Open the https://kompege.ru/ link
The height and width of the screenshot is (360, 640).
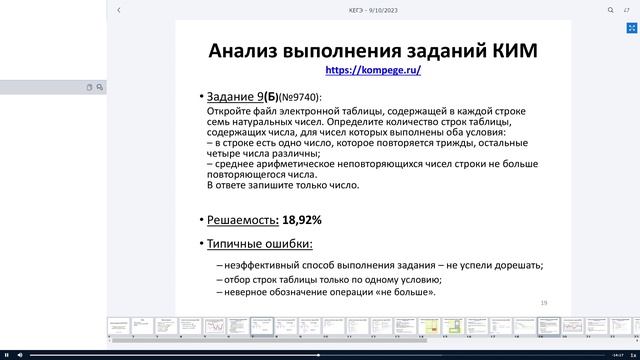[x=373, y=71]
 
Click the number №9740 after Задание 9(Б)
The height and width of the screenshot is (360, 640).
[x=300, y=97]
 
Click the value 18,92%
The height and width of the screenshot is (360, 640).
[x=302, y=219]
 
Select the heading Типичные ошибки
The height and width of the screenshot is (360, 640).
[x=259, y=244]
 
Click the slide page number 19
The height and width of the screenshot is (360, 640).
[x=544, y=302]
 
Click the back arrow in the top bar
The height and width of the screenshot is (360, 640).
[x=119, y=9]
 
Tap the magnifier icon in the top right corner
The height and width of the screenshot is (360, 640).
[x=610, y=9]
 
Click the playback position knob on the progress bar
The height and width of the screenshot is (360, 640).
[x=319, y=354]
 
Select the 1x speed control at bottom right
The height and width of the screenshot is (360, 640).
[x=620, y=354]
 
